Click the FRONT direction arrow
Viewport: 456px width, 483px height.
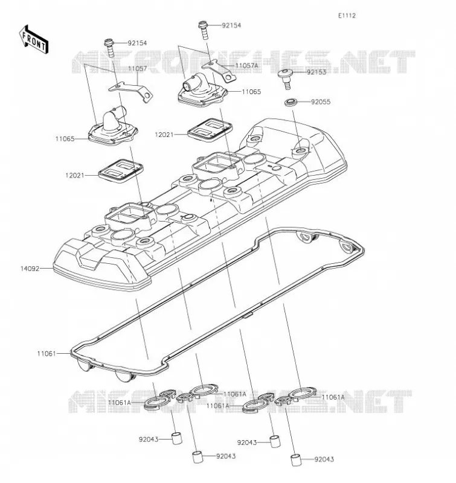(34, 40)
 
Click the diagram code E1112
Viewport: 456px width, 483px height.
(347, 16)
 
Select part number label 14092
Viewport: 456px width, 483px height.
(30, 269)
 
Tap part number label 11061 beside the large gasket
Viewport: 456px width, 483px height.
(47, 354)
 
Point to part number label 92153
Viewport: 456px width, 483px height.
(316, 72)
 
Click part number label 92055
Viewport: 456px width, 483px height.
(321, 102)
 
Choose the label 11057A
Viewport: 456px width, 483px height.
(246, 66)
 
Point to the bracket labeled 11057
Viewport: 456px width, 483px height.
(131, 91)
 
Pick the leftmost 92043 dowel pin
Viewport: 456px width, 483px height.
(176, 438)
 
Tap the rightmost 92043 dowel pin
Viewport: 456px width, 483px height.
(296, 460)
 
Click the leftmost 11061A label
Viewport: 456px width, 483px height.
(120, 403)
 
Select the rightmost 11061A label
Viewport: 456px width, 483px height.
(333, 397)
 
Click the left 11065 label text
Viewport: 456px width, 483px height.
(65, 139)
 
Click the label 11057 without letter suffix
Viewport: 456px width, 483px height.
(138, 69)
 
